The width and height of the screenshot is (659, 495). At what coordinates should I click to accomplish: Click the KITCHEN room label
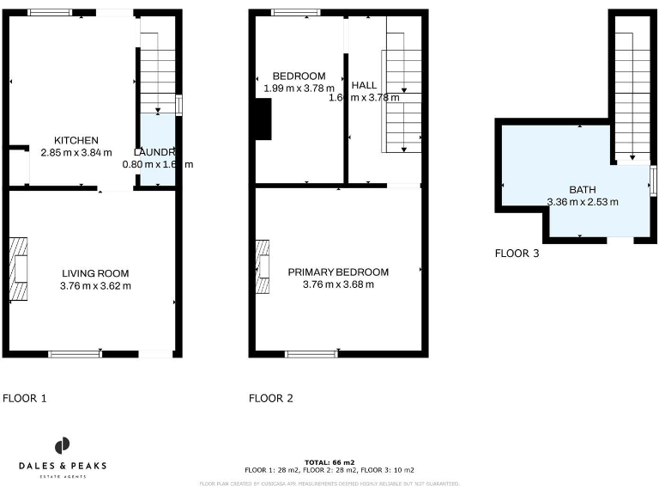pyautogui.click(x=76, y=140)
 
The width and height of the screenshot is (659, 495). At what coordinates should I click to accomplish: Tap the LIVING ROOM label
pyautogui.click(x=95, y=273)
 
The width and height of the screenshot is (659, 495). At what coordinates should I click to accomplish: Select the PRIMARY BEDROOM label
pyautogui.click(x=338, y=272)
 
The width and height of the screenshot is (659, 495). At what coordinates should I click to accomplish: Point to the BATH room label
pyautogui.click(x=582, y=190)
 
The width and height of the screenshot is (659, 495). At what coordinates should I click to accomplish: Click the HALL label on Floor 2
pyautogui.click(x=364, y=85)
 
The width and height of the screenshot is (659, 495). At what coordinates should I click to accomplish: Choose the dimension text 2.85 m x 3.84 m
pyautogui.click(x=76, y=152)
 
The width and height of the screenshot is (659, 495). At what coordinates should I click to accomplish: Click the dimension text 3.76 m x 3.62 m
pyautogui.click(x=95, y=285)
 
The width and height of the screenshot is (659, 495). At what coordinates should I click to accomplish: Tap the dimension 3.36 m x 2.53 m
pyautogui.click(x=583, y=202)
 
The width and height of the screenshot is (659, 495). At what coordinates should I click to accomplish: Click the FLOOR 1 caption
pyautogui.click(x=25, y=398)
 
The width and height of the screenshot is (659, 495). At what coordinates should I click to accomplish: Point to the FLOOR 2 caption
pyautogui.click(x=271, y=398)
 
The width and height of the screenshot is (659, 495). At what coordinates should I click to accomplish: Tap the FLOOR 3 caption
pyautogui.click(x=517, y=253)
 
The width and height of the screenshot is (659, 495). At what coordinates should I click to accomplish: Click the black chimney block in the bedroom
pyautogui.click(x=263, y=119)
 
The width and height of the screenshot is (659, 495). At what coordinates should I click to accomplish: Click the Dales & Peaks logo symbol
pyautogui.click(x=63, y=445)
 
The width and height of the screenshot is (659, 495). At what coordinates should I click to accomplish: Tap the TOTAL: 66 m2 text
pyautogui.click(x=329, y=462)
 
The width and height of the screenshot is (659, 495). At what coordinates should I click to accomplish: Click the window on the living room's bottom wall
pyautogui.click(x=74, y=353)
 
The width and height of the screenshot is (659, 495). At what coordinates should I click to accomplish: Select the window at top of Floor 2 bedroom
pyautogui.click(x=295, y=12)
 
